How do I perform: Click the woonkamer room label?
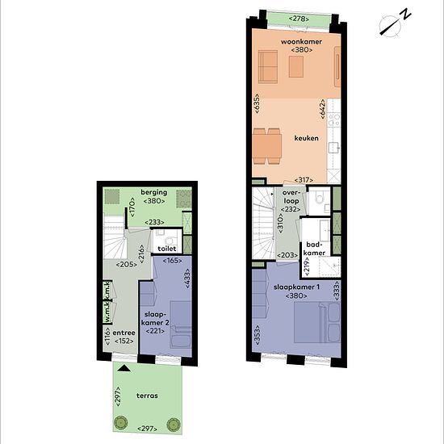(301, 42)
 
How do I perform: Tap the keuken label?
(307, 138)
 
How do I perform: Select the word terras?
(147, 396)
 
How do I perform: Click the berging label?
(154, 192)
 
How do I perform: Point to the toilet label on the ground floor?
(167, 249)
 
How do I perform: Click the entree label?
(124, 333)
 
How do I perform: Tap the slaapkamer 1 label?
(296, 287)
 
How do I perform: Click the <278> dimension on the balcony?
(299, 19)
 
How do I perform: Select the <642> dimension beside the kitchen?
(323, 109)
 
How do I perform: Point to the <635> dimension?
(257, 103)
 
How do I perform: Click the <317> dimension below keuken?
(304, 180)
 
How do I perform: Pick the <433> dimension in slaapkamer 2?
(187, 279)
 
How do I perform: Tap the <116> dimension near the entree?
(107, 336)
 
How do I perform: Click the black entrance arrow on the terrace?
(124, 368)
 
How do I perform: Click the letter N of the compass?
(407, 14)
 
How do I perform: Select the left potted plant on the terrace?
(120, 424)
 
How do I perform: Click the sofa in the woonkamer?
(268, 67)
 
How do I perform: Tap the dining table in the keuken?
(267, 146)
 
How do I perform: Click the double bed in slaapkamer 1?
(317, 323)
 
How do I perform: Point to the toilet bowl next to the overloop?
(319, 198)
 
